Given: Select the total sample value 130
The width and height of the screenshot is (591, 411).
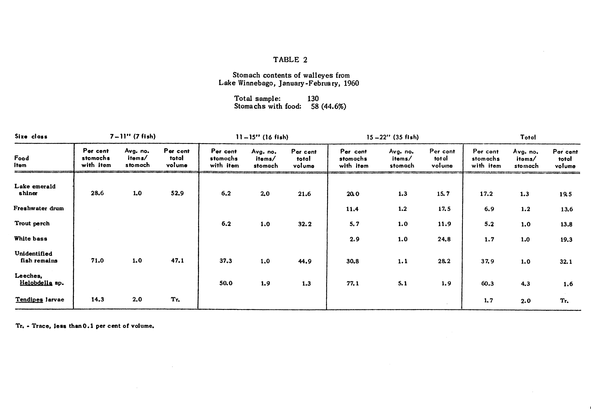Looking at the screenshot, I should click(313, 99).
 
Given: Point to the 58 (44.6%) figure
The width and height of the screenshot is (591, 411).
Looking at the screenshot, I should click(328, 106).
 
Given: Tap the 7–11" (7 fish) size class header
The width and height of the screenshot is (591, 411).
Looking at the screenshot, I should click(133, 136).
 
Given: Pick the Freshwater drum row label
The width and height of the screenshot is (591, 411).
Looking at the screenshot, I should click(39, 208).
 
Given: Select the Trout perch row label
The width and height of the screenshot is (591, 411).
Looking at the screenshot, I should click(32, 223).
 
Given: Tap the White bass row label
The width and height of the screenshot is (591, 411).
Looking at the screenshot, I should click(31, 239).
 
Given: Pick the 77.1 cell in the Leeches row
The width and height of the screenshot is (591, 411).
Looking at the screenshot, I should click(353, 283).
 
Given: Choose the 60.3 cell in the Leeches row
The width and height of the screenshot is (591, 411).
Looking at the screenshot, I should click(487, 284).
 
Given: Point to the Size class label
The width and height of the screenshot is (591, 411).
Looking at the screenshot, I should click(31, 136).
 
